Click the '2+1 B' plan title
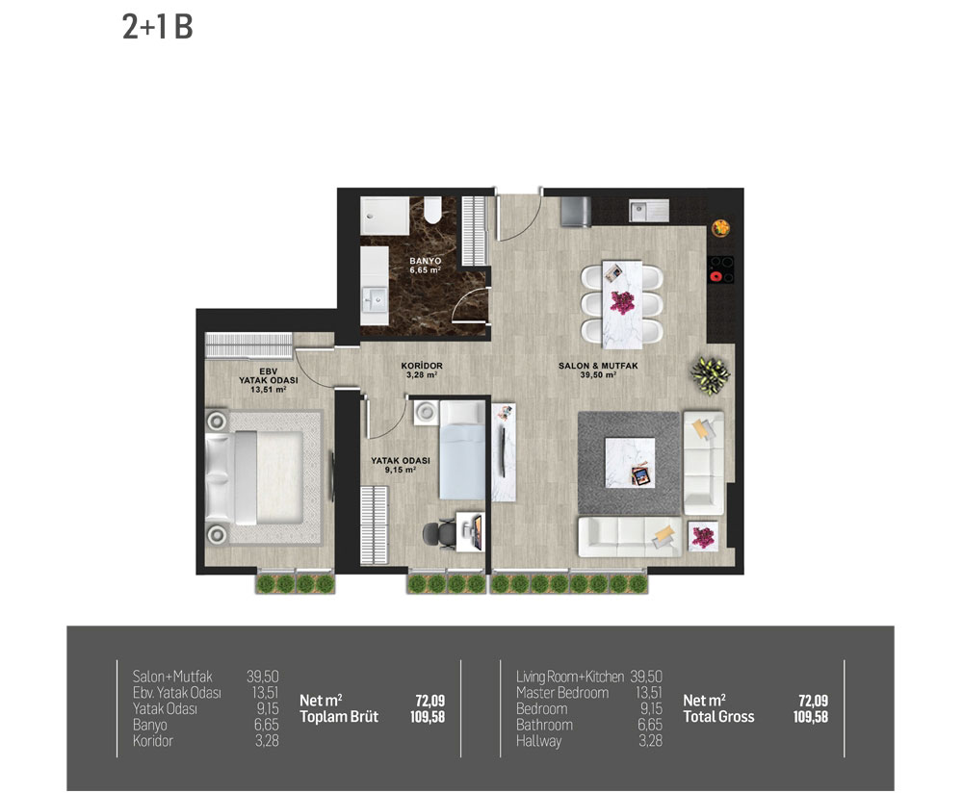coord(158,27)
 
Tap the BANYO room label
coord(425,266)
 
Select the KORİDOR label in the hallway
coord(422,370)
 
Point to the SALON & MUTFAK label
coord(598,370)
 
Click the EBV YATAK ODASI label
coord(269,380)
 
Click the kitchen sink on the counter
coord(648,211)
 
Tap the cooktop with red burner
coord(721,269)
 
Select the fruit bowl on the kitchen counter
coord(721,228)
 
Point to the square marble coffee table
coord(630,462)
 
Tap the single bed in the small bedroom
coord(462,449)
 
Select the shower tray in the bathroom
coord(384,216)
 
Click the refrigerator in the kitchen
coord(576,212)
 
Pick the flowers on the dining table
coord(622,301)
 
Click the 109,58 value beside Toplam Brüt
coord(428,717)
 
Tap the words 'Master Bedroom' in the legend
coord(562,693)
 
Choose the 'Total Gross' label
coord(718,717)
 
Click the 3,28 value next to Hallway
coord(650,741)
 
